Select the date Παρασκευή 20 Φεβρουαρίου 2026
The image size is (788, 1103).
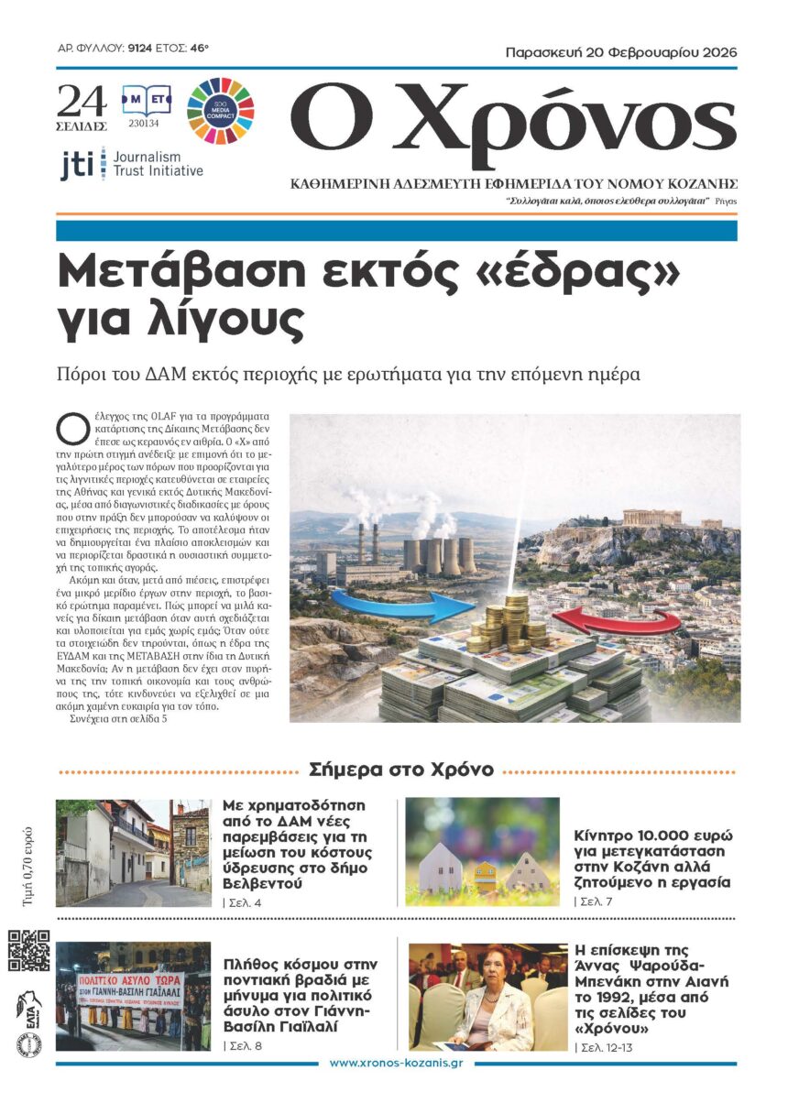[621, 52]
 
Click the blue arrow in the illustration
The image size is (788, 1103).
[411, 606]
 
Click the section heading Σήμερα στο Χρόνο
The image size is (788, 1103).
[401, 770]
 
